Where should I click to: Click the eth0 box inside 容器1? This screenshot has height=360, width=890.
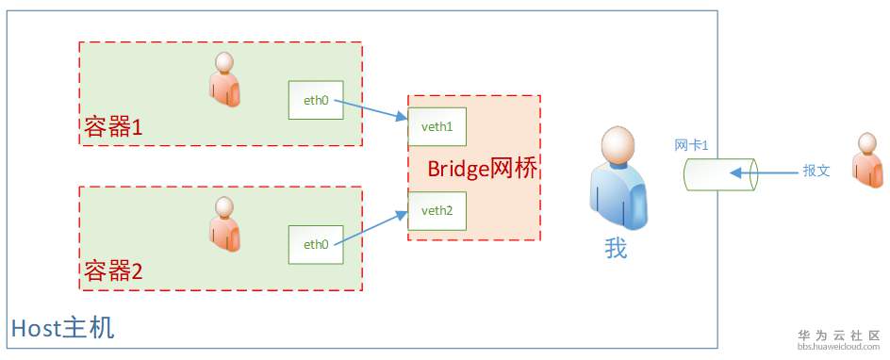[x=315, y=100]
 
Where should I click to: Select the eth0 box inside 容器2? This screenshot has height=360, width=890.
[x=315, y=244]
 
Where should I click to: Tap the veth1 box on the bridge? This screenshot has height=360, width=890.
[x=437, y=126]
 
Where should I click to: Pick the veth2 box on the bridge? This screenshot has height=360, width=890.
[x=437, y=210]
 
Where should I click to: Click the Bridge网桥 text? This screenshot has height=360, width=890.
[x=483, y=170]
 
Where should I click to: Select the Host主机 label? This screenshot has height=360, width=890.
[x=62, y=329]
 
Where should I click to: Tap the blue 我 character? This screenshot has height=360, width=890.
[x=616, y=249]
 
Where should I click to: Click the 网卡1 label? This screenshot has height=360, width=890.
[x=691, y=145]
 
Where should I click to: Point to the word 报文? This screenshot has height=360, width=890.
[x=816, y=172]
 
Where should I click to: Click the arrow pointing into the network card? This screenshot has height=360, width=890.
[x=764, y=173]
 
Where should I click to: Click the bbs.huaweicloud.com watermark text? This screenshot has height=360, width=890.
[x=838, y=347]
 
